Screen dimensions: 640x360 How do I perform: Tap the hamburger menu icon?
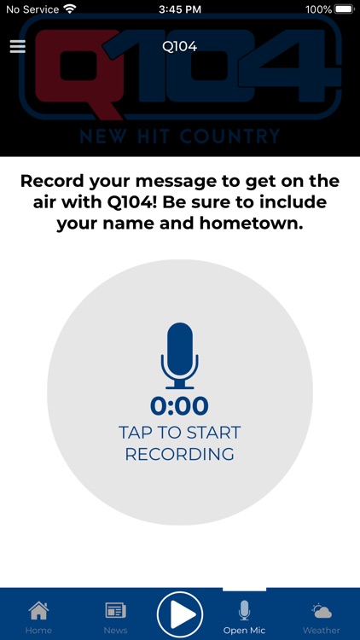coord(17,46)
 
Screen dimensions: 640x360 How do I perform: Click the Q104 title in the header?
coord(179,46)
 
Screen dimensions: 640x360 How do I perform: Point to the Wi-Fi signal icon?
coord(70,9)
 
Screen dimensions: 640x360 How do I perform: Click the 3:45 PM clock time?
coord(179,9)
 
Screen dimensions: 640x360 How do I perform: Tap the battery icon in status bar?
coord(344,9)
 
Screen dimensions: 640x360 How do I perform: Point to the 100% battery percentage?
coord(318,9)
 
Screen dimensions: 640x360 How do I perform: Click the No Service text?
coord(32,9)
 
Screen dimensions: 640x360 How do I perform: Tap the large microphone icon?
coord(179,354)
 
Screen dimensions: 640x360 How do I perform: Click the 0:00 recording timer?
coord(179,406)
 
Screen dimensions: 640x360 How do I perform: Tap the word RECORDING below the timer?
coord(179,454)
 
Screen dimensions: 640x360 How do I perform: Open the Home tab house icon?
coord(38,610)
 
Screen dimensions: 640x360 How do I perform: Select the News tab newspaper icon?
coord(115,610)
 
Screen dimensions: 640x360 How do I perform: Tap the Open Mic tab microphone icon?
coord(244,610)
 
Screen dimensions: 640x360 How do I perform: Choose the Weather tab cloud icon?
coord(322,610)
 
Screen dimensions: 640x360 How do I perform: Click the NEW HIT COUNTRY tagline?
coord(179,137)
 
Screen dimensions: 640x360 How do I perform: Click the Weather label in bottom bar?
coord(322,631)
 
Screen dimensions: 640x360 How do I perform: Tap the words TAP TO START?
coord(179,433)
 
